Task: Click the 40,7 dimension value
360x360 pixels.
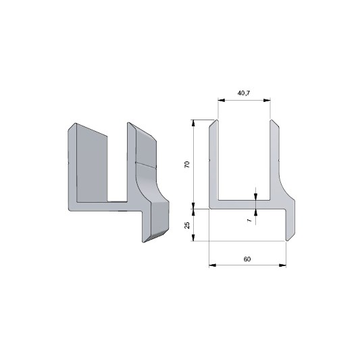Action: (x=244, y=93)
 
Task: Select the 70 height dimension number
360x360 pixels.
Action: (x=187, y=164)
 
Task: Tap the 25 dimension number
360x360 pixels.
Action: (x=187, y=225)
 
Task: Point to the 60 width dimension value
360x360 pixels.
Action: (x=247, y=259)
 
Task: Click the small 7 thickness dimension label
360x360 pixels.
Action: (x=249, y=220)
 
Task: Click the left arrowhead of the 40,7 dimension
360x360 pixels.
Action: (x=222, y=100)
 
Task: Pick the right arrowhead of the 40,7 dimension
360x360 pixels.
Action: (x=267, y=100)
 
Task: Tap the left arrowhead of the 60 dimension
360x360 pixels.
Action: (x=213, y=265)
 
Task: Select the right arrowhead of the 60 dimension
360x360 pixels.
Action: (x=282, y=265)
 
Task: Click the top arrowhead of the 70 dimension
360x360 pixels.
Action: (x=193, y=123)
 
